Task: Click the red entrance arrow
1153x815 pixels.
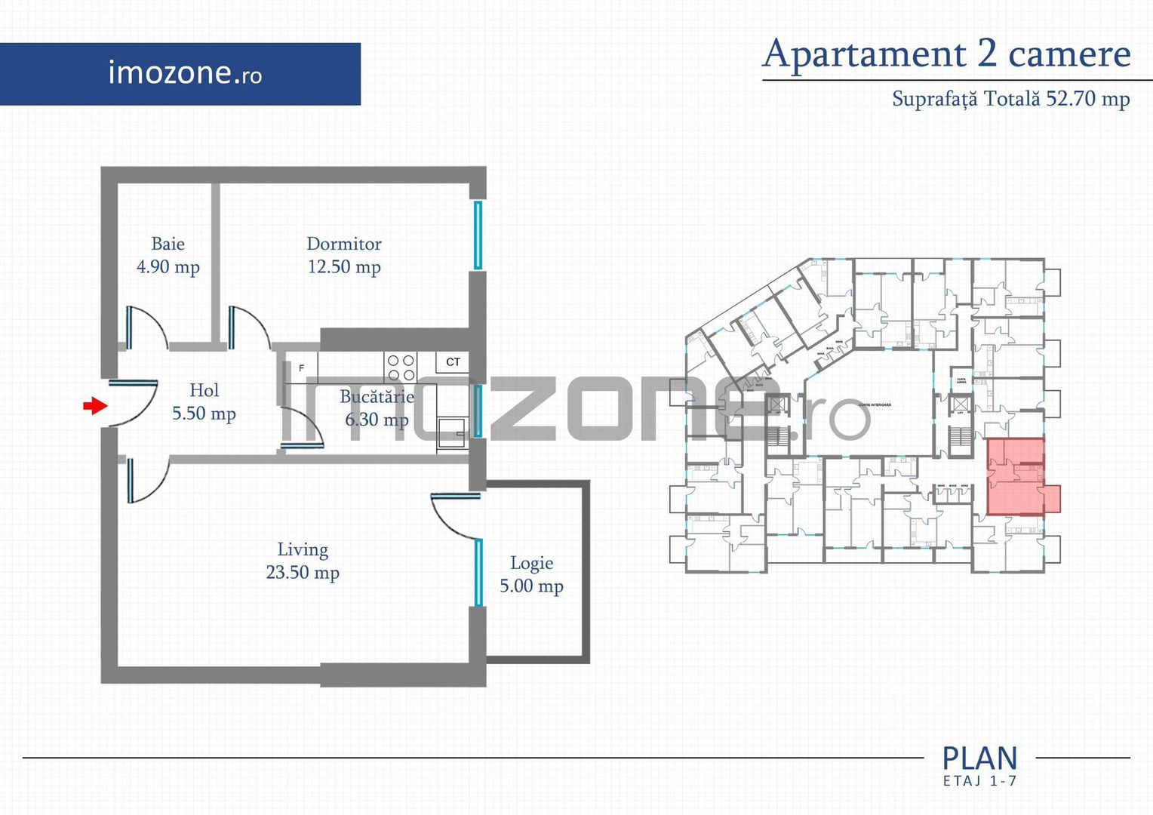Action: [x=94, y=406]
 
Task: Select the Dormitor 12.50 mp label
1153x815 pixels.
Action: [x=344, y=255]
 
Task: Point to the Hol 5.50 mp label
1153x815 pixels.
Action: [x=204, y=401]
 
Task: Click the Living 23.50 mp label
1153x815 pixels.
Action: [x=303, y=561]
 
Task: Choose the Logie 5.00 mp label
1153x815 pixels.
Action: [x=531, y=574]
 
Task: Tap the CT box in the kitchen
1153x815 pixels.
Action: [x=453, y=362]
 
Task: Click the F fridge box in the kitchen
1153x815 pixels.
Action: [x=302, y=368]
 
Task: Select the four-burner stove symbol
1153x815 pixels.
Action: [x=401, y=368]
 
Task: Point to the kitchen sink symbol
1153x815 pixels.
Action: [x=452, y=433]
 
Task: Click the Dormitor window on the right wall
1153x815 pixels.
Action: [x=478, y=235]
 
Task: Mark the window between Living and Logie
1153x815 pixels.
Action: [x=478, y=573]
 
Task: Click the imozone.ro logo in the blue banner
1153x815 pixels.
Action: [x=185, y=73]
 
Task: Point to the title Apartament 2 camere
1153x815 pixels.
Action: [x=947, y=54]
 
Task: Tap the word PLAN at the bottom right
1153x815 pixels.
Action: [x=979, y=758]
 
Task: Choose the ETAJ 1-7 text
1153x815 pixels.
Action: [x=979, y=781]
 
